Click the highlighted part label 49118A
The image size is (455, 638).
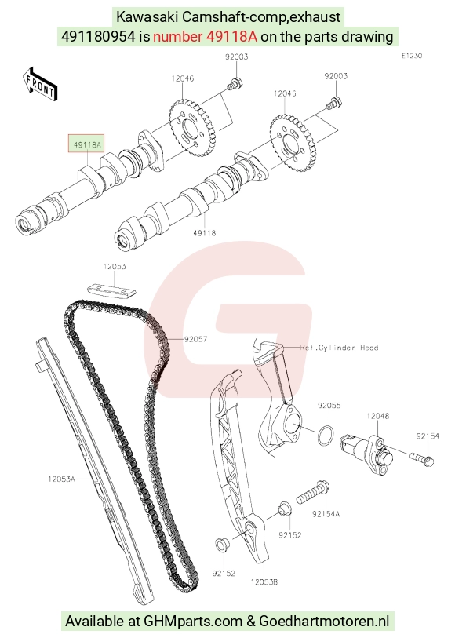point(87,144)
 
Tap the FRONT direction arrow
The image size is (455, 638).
point(40,84)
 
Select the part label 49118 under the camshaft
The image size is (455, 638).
point(205,233)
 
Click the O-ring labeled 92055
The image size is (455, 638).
point(326,436)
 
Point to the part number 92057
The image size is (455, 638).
point(195,339)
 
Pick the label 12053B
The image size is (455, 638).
point(264,581)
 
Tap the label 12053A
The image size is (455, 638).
point(62,479)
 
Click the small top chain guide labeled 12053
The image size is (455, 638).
point(111,290)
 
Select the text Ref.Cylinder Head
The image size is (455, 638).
point(339,348)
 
